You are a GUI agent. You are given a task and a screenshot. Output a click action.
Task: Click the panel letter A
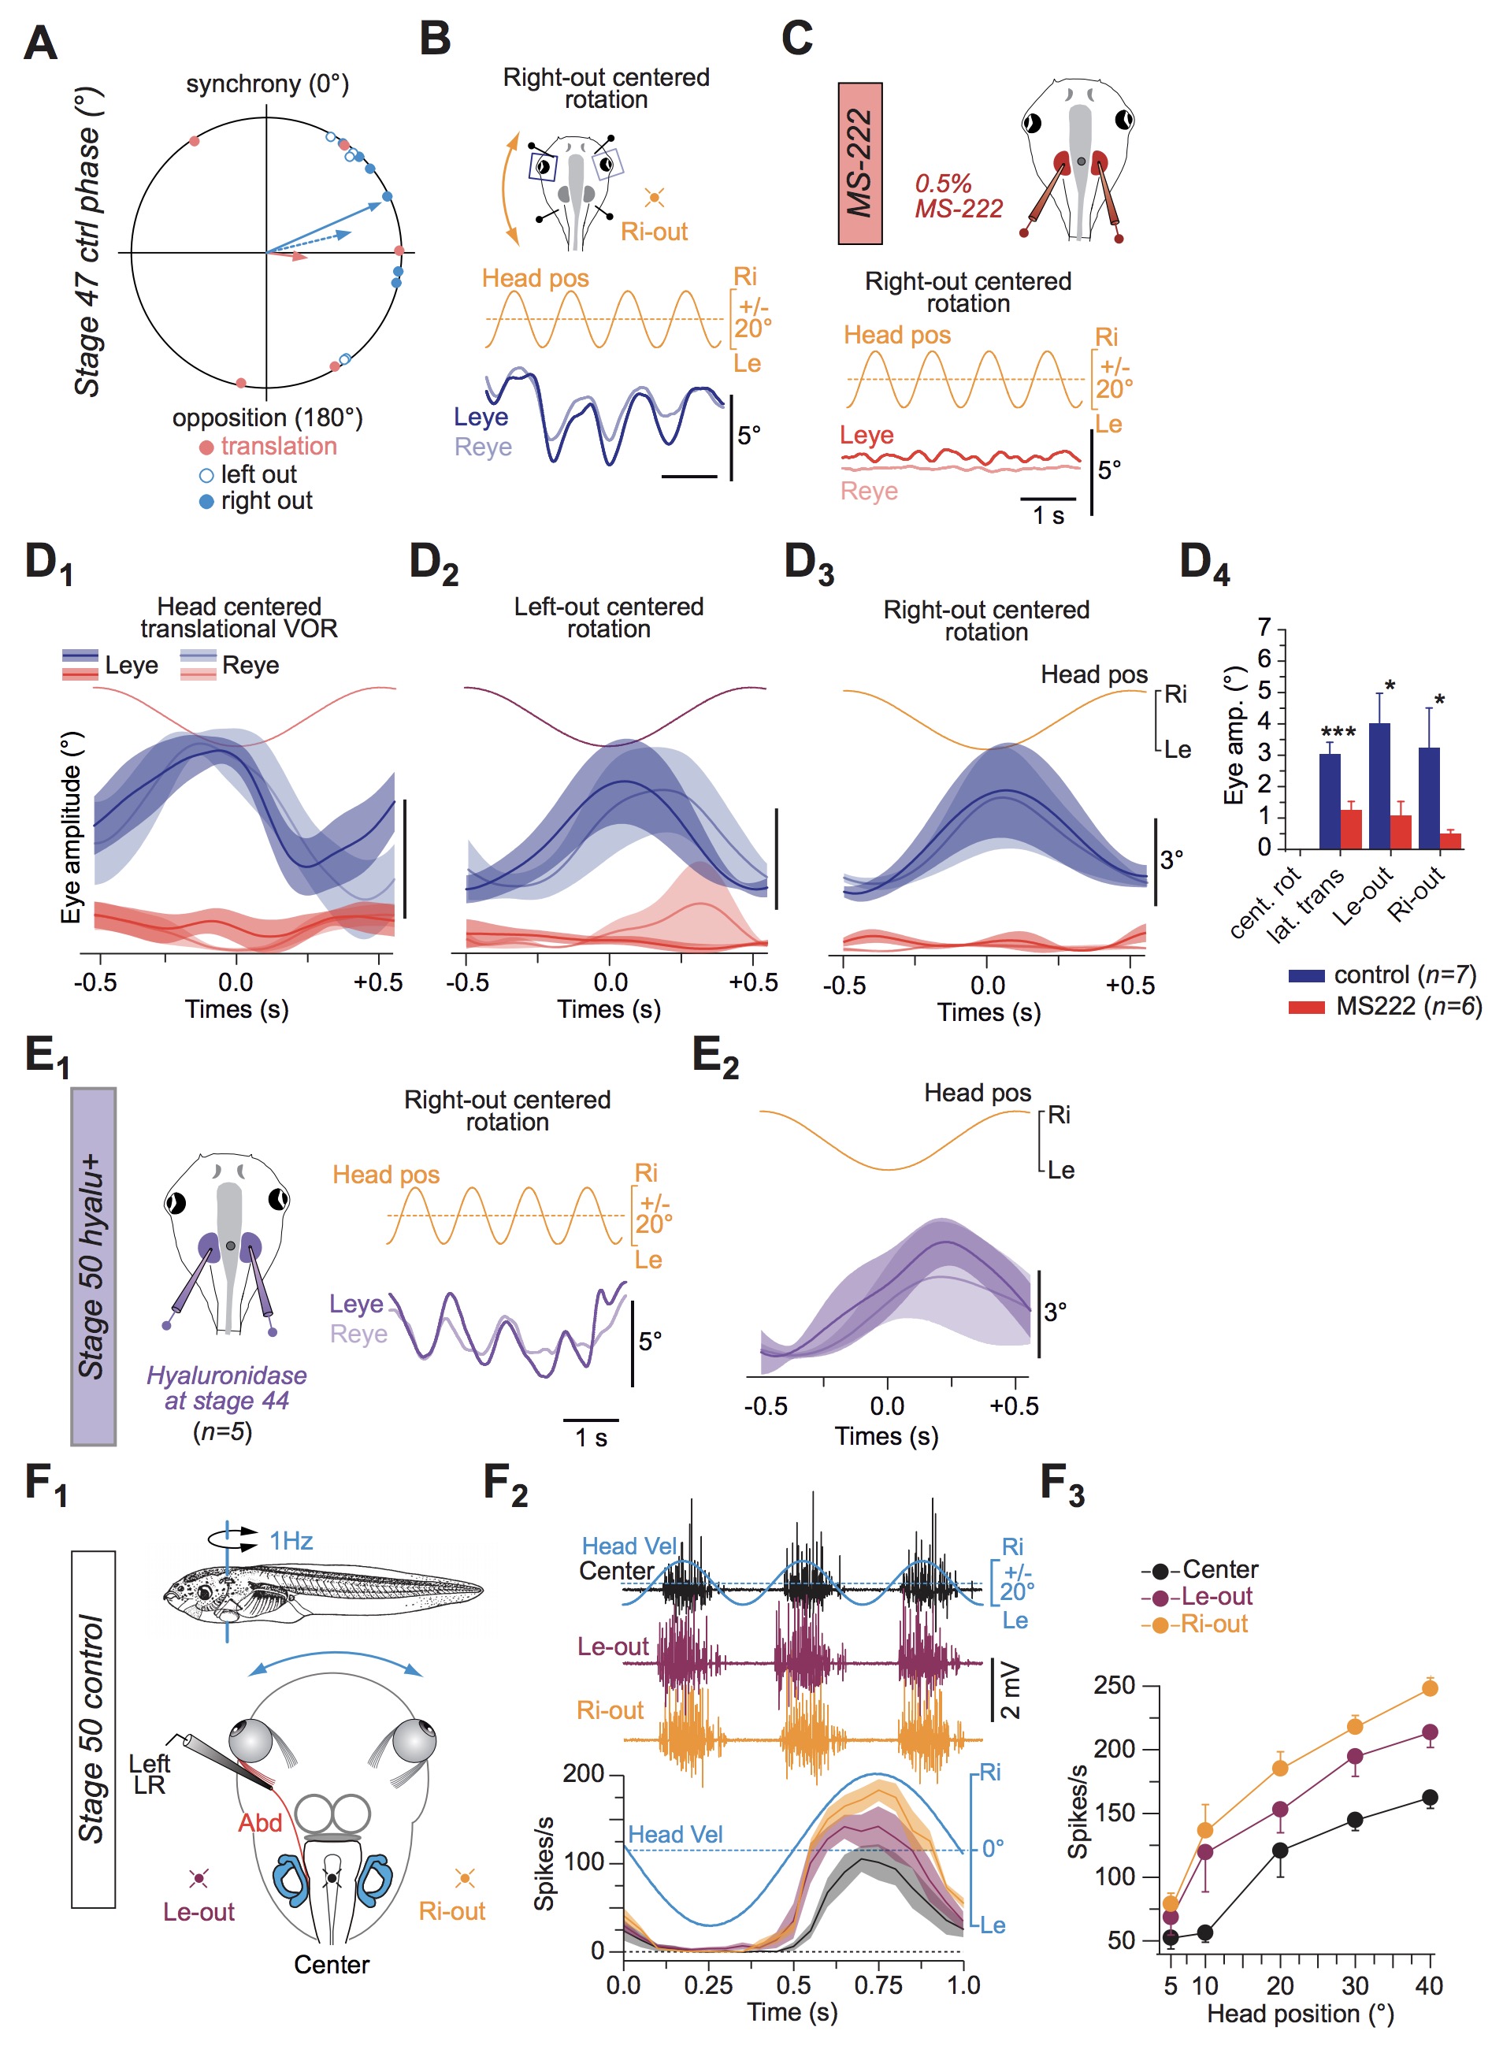(41, 42)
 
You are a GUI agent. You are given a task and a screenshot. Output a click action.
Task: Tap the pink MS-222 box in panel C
(859, 164)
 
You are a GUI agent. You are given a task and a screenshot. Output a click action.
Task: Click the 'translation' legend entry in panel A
(277, 447)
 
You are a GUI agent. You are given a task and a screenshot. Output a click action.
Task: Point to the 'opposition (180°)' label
(268, 418)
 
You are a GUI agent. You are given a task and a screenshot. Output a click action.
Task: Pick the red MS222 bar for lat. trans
(1351, 829)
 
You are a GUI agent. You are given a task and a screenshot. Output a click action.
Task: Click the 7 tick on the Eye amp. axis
(1264, 629)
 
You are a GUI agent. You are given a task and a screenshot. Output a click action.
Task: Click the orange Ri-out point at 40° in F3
(1429, 1688)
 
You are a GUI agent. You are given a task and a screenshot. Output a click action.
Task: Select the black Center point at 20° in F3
(1280, 1851)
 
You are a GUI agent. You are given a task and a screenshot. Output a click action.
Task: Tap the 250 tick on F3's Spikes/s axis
(1115, 1686)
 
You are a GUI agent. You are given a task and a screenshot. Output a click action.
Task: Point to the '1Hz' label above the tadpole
(291, 1541)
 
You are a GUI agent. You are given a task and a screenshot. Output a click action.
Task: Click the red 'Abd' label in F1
(259, 1823)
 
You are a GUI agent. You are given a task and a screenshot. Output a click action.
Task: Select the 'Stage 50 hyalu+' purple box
(94, 1266)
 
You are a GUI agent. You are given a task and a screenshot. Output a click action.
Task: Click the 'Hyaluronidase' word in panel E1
(227, 1375)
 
